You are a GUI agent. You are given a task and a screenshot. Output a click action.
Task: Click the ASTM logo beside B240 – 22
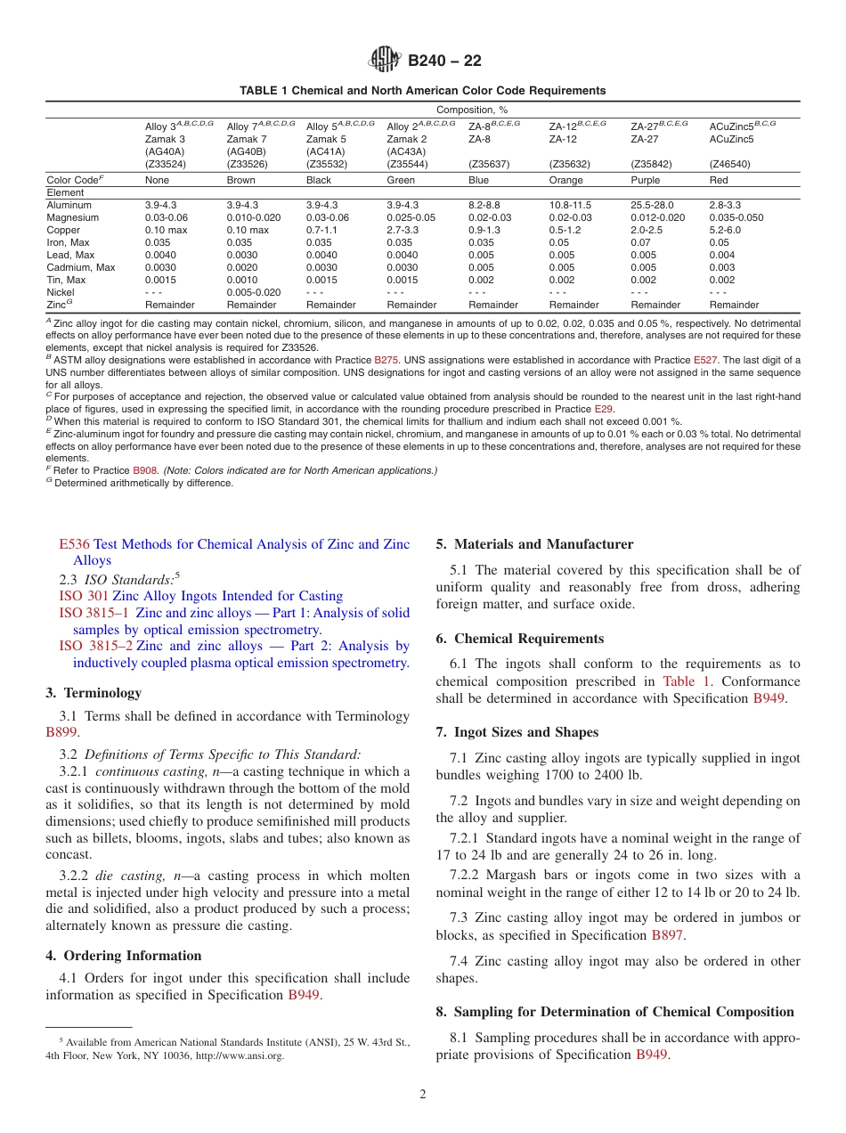[385, 61]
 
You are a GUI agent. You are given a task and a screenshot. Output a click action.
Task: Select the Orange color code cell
[566, 180]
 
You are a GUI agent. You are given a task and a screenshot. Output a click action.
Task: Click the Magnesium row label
[73, 217]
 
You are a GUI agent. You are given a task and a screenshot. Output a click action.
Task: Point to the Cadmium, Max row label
[80, 267]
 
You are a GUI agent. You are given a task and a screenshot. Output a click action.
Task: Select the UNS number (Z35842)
[652, 164]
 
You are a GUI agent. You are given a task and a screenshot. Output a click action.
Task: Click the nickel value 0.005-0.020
[254, 292]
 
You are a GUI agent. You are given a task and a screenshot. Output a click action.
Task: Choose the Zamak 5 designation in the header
[326, 139]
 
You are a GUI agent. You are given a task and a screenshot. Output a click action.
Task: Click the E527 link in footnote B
[704, 360]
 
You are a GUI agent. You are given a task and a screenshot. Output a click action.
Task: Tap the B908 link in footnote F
[143, 470]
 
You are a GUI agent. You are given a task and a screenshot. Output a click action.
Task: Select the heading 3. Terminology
[93, 693]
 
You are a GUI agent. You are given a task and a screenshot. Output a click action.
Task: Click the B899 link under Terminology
[61, 732]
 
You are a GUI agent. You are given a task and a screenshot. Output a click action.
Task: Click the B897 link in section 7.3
[667, 935]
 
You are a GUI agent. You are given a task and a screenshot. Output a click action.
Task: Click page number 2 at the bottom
[423, 1095]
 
